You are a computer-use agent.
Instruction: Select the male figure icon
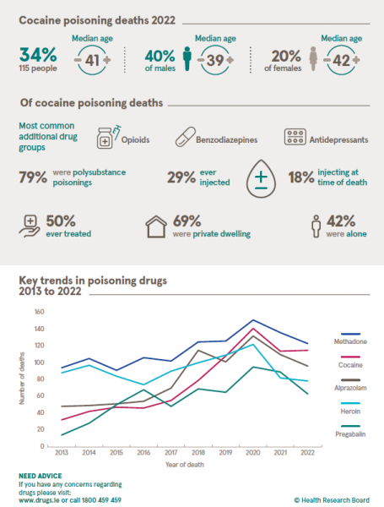(186, 61)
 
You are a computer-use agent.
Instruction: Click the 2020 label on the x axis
(252, 452)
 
